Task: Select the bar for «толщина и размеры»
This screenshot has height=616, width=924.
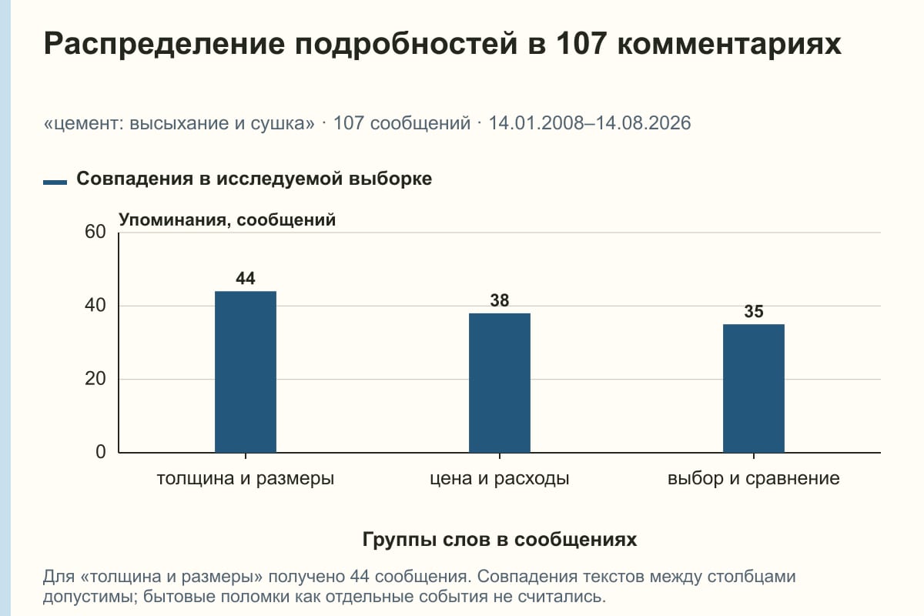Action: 246,372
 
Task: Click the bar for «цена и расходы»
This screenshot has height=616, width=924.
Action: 500,383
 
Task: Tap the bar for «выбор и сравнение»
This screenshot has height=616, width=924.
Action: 754,388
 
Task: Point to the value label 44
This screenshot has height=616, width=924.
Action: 246,279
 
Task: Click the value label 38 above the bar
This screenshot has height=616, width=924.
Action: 500,300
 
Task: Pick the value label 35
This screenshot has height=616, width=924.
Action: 754,312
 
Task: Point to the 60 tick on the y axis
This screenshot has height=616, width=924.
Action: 95,232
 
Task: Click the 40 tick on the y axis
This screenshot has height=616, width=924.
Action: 95,306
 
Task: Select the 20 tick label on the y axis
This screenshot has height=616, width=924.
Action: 95,379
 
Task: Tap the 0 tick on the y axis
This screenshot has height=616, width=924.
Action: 101,452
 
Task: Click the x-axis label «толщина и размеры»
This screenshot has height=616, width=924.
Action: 246,479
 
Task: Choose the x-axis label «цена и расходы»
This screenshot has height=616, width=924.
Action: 500,479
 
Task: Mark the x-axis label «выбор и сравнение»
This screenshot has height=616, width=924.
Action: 754,479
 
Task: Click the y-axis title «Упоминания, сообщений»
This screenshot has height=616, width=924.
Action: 227,220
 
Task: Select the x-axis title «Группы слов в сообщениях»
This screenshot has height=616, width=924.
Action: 500,539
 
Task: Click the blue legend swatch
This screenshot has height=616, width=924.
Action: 55,182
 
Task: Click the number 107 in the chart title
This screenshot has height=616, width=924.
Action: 581,43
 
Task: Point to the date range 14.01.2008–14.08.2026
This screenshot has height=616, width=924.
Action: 590,123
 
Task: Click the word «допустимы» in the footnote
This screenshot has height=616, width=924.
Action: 89,597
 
